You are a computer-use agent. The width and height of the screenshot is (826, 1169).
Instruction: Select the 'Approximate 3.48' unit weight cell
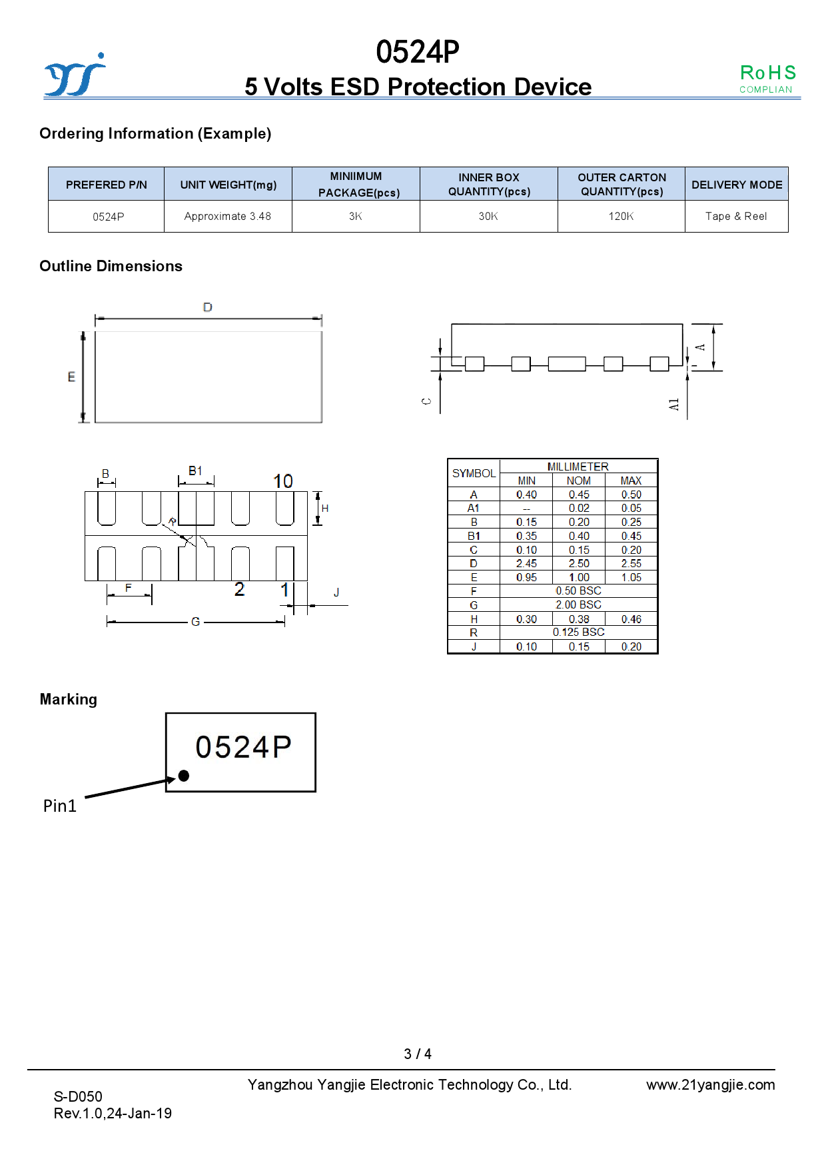(228, 217)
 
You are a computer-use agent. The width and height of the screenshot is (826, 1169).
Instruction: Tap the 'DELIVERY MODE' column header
(737, 185)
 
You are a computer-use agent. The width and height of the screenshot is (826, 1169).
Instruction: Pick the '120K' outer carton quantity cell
(621, 217)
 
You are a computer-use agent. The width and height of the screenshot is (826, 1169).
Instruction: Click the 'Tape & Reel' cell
(736, 217)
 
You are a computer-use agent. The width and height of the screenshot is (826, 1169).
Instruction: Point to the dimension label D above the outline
(208, 307)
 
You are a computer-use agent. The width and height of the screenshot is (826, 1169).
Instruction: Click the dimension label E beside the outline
(71, 377)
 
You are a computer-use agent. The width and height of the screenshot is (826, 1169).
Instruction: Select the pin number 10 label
(283, 481)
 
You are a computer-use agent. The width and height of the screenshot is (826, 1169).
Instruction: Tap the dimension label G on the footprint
(195, 622)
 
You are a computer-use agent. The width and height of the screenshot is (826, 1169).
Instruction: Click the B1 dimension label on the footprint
(195, 471)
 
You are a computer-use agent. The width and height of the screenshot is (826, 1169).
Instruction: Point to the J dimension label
(336, 592)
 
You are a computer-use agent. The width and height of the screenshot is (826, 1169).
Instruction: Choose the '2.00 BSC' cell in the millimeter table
(578, 605)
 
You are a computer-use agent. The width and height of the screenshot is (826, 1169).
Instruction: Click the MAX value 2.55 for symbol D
(631, 564)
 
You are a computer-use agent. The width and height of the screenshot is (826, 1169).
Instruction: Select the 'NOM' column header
(578, 481)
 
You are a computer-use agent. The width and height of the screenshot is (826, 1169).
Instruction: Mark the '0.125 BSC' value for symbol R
(578, 632)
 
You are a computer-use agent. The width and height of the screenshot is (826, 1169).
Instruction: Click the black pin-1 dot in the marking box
(184, 776)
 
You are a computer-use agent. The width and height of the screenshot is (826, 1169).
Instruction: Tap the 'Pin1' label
(60, 806)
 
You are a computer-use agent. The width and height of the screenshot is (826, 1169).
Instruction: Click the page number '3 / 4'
(418, 1054)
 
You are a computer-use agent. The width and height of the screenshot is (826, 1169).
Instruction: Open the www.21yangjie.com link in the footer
(710, 1085)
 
